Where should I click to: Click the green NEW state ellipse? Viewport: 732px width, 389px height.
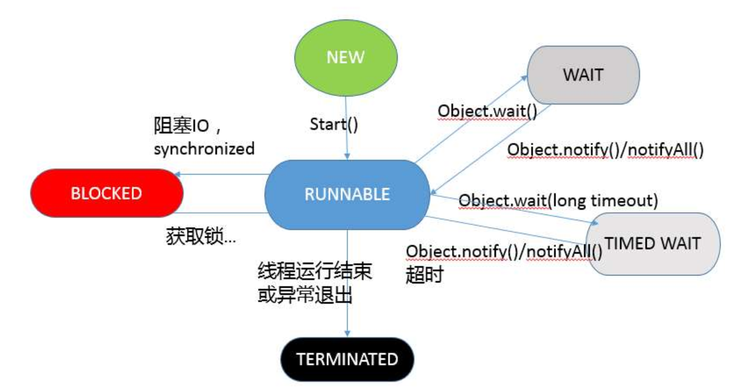[346, 58]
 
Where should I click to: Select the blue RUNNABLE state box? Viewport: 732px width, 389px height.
[347, 194]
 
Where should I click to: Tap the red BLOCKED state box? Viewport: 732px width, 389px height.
[106, 193]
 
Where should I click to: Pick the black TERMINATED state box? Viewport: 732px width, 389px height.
[347, 359]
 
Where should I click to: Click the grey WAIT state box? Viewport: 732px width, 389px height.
[583, 75]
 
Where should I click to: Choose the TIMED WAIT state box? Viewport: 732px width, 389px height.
[653, 243]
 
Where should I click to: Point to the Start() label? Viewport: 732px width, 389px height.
[334, 125]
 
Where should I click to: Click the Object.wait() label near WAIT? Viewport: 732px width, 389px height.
[487, 111]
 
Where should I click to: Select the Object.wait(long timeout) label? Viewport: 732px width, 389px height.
[558, 201]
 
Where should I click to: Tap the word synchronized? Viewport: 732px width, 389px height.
[204, 148]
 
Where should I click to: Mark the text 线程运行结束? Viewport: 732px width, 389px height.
[315, 271]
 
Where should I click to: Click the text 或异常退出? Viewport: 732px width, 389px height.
[305, 295]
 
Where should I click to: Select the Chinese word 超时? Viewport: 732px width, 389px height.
[425, 275]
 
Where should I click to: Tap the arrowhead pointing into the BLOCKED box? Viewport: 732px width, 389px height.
[178, 174]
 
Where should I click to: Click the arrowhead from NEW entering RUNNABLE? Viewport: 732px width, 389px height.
[347, 156]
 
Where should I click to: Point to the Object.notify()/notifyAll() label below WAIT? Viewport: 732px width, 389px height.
[605, 150]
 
